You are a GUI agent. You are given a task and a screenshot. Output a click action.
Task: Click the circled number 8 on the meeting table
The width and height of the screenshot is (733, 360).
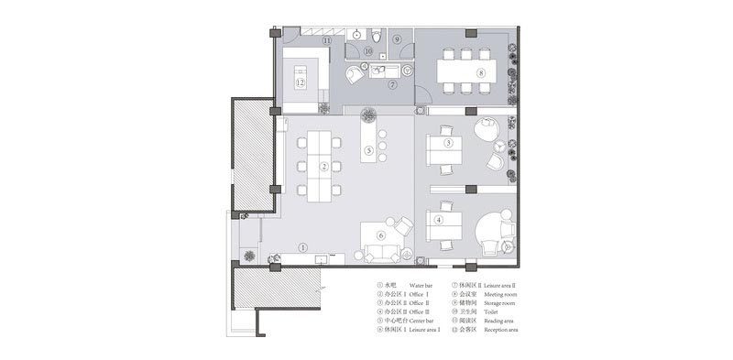point(479,71)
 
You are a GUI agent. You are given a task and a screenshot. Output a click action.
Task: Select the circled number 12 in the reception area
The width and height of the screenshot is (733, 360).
point(300,82)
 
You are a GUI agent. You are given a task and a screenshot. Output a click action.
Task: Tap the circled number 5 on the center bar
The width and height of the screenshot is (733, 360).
point(368,150)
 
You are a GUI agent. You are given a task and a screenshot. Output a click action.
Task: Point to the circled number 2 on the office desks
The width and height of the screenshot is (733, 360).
point(323,167)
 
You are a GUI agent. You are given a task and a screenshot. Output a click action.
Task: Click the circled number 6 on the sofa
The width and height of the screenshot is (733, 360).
point(381,235)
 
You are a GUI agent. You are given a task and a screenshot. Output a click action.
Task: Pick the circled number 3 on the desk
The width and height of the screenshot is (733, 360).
point(448,143)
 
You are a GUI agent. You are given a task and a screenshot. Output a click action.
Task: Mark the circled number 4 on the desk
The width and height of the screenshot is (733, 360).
point(439,220)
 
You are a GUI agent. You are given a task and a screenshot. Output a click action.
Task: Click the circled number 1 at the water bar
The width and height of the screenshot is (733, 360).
point(302,247)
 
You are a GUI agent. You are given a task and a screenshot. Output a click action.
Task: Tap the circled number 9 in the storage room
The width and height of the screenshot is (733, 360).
point(397,40)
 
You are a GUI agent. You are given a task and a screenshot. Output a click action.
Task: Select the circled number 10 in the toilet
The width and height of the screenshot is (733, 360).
point(367,52)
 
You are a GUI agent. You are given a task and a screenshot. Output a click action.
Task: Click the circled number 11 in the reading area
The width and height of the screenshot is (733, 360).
point(326,41)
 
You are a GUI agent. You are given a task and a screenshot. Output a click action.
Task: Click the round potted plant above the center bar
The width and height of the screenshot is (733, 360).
point(369,115)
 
